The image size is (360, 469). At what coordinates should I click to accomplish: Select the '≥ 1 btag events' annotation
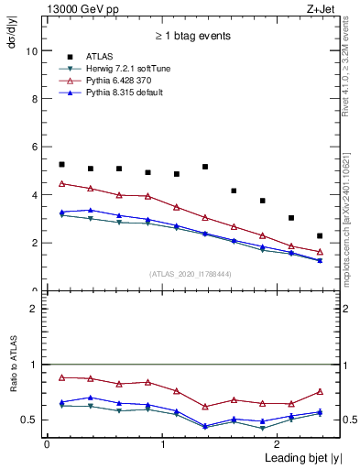(x=191, y=37)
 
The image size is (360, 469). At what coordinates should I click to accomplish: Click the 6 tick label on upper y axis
(x=35, y=147)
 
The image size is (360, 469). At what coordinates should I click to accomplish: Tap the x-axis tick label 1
(x=162, y=443)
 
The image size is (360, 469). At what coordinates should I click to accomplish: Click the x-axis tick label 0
(x=47, y=443)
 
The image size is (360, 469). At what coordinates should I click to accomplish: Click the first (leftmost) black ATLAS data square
(x=61, y=164)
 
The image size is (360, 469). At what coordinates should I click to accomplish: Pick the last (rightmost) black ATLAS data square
(x=320, y=235)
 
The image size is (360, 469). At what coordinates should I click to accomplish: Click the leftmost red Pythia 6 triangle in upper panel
(x=61, y=183)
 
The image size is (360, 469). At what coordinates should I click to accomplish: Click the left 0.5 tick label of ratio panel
(x=31, y=420)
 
